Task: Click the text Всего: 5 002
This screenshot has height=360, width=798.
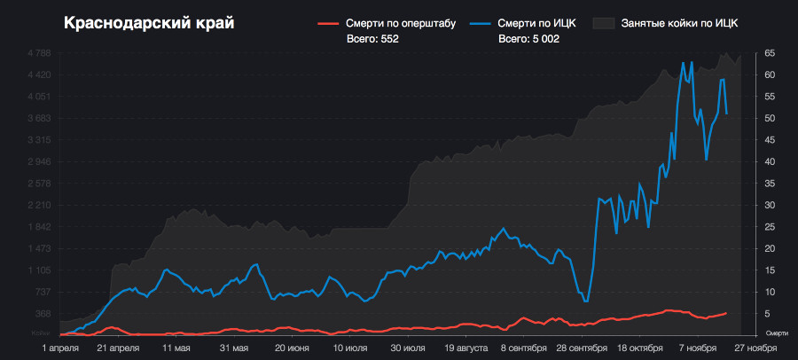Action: tap(528, 39)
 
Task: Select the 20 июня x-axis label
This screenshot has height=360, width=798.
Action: tap(293, 349)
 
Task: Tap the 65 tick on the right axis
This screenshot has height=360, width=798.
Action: tap(771, 53)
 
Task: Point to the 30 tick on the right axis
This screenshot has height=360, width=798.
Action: tap(771, 205)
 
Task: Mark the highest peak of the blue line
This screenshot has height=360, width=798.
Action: tap(683, 62)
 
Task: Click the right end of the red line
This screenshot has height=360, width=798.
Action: tap(726, 312)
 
